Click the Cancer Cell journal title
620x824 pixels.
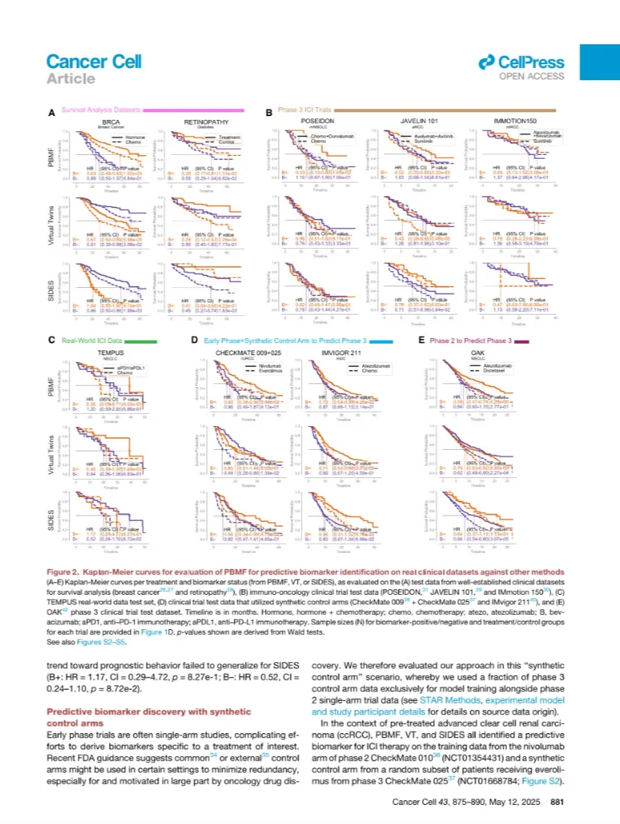93,61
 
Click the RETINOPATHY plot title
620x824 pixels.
202,121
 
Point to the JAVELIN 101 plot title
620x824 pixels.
418,121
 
